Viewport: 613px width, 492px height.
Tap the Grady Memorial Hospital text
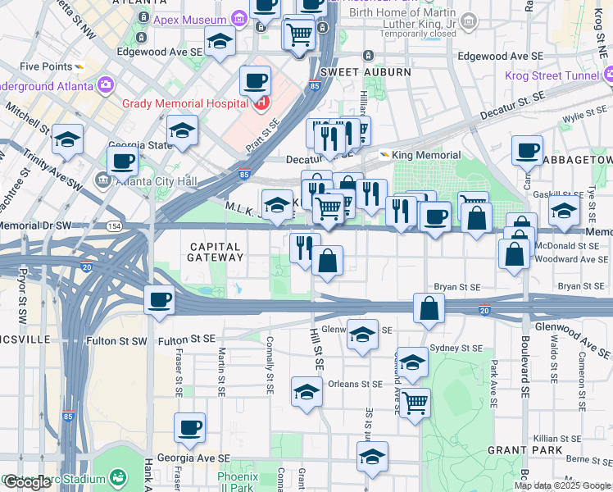pos(184,103)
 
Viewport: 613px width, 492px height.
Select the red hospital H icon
pos(261,102)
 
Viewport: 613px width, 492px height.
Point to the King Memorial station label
pos(425,155)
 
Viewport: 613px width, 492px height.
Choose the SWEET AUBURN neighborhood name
pos(366,72)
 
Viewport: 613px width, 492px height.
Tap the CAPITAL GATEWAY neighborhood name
pos(216,252)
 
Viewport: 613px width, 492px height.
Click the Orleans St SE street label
pos(355,384)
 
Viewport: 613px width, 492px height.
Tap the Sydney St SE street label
pos(456,348)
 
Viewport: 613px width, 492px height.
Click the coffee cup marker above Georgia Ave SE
pos(190,427)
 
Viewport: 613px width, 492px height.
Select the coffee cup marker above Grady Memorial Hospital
pos(256,80)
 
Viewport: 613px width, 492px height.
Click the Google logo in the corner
pos(27,482)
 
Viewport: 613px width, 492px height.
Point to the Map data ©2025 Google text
pos(561,485)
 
